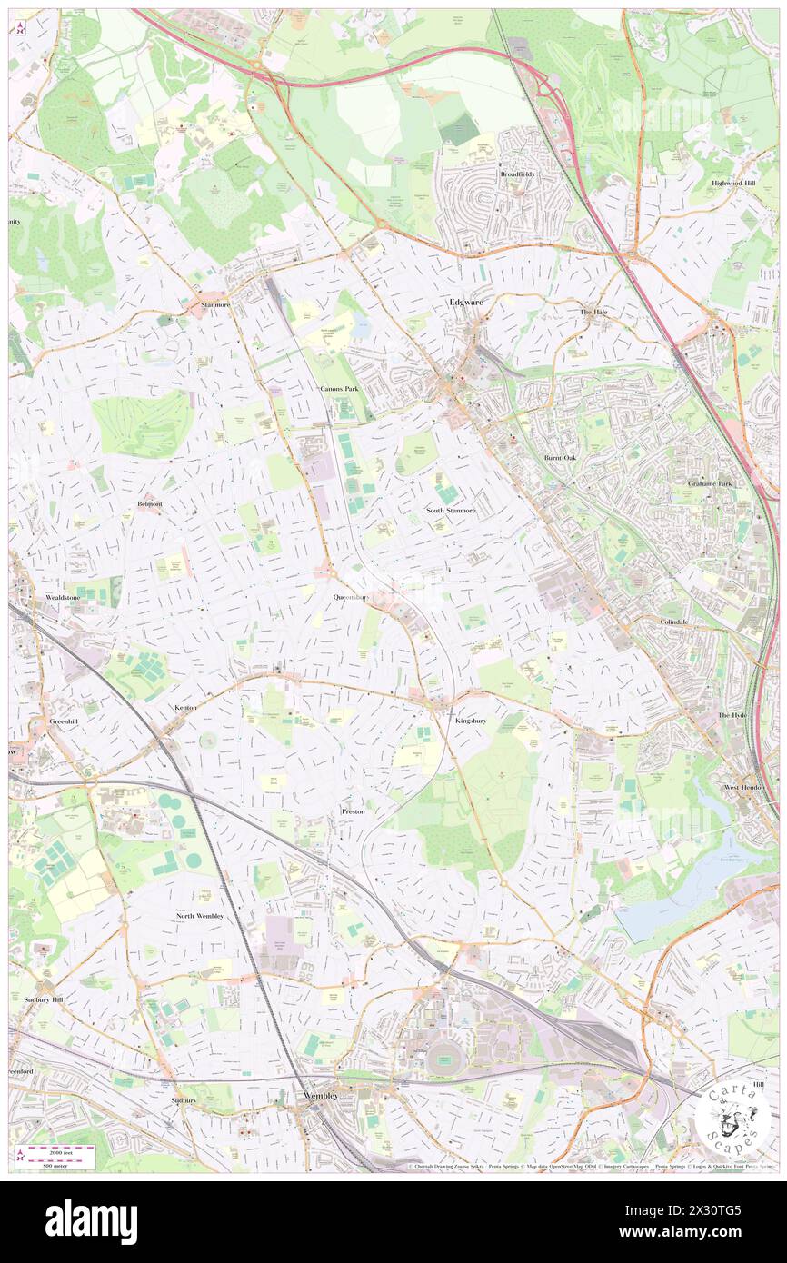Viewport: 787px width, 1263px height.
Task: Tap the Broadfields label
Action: [x=515, y=174]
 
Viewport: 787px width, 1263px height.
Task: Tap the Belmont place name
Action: [x=150, y=503]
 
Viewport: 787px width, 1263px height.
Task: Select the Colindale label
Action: [x=674, y=622]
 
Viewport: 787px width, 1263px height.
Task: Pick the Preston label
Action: [x=353, y=811]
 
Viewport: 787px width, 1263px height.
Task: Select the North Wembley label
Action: [x=199, y=916]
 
